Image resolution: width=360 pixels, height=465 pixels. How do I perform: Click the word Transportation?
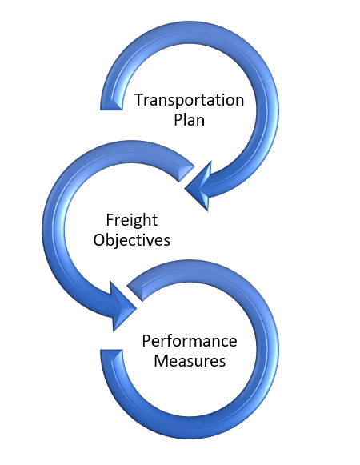pos(188,100)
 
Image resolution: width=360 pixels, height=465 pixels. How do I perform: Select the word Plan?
pos(190,120)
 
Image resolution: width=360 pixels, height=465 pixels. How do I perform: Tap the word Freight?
pos(132,219)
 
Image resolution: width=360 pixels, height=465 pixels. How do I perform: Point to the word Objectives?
pos(132,239)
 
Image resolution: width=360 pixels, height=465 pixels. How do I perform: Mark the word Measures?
pos(190,360)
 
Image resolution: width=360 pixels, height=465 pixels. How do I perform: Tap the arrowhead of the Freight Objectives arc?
pos(120,304)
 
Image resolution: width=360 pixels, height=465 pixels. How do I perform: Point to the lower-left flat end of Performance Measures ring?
pos(111,355)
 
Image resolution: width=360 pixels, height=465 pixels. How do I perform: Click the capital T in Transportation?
pos(138,100)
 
